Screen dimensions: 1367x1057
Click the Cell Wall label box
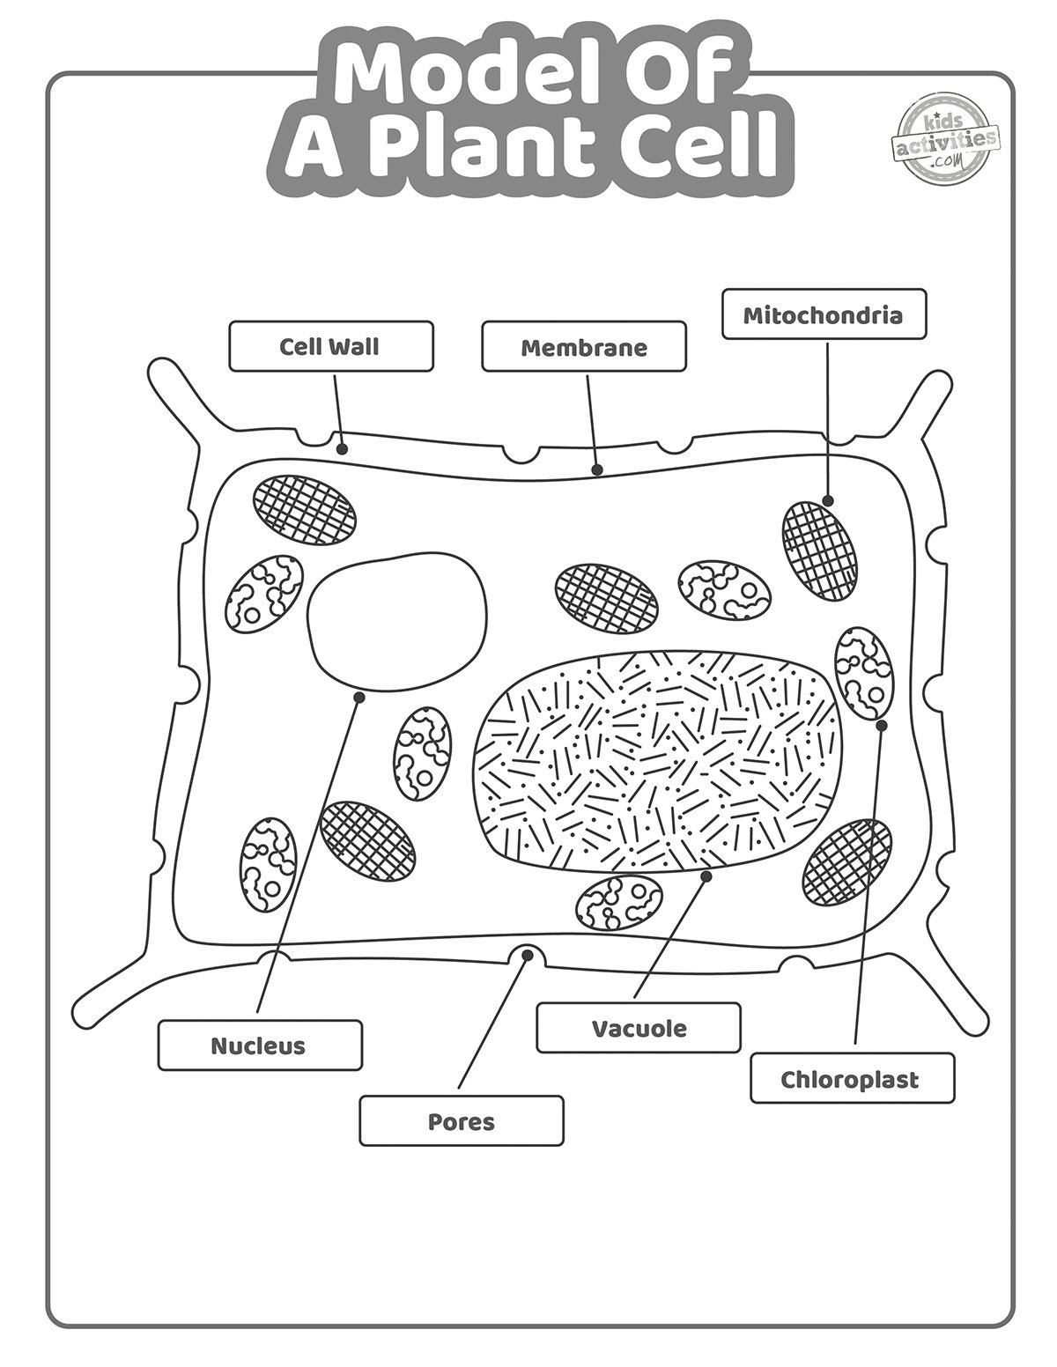tap(330, 346)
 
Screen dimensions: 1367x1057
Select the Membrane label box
tap(583, 346)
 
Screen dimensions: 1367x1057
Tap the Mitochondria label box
tap(824, 314)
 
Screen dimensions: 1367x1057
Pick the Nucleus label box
tap(260, 1046)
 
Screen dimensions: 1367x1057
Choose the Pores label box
tap(461, 1121)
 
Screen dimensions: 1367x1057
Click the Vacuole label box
tap(639, 1028)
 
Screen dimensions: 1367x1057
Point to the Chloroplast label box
tap(852, 1078)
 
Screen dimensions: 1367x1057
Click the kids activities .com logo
tap(946, 141)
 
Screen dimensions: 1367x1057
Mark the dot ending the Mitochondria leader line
tap(828, 501)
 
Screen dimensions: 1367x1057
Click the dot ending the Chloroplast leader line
tap(882, 725)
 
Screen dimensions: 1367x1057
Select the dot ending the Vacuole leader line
tap(706, 876)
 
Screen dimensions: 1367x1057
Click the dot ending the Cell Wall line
tap(343, 449)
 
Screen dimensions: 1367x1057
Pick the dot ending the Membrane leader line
tap(597, 469)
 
